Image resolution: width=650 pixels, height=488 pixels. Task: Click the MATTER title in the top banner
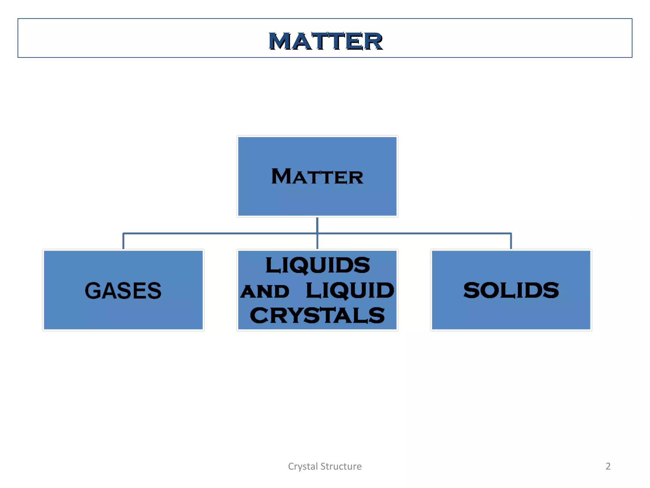[325, 41]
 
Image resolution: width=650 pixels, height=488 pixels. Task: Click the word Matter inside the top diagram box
[317, 177]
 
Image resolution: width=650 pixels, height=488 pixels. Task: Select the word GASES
[123, 291]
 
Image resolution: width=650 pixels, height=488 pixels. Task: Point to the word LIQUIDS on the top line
[318, 265]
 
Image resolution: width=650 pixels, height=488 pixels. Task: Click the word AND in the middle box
[265, 291]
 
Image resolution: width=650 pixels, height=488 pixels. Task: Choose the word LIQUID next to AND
[350, 290]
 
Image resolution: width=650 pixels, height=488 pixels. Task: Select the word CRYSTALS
[317, 315]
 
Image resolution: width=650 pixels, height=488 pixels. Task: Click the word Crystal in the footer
[303, 466]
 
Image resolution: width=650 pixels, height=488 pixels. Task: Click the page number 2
[608, 466]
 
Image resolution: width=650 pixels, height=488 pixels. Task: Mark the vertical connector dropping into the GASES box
[123, 241]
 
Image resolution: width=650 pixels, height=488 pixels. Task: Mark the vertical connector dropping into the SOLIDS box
[511, 241]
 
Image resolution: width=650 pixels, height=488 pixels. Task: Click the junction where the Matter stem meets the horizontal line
[317, 234]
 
